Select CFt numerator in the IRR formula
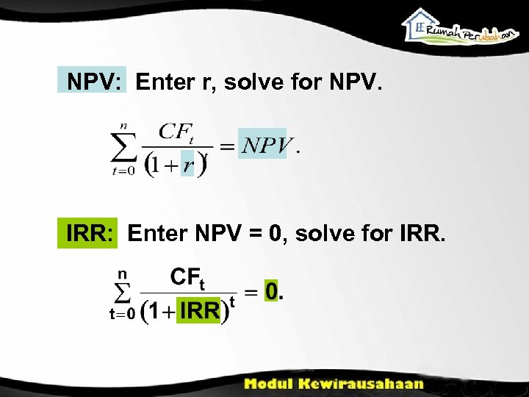(x=188, y=279)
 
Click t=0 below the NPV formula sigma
(x=123, y=171)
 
